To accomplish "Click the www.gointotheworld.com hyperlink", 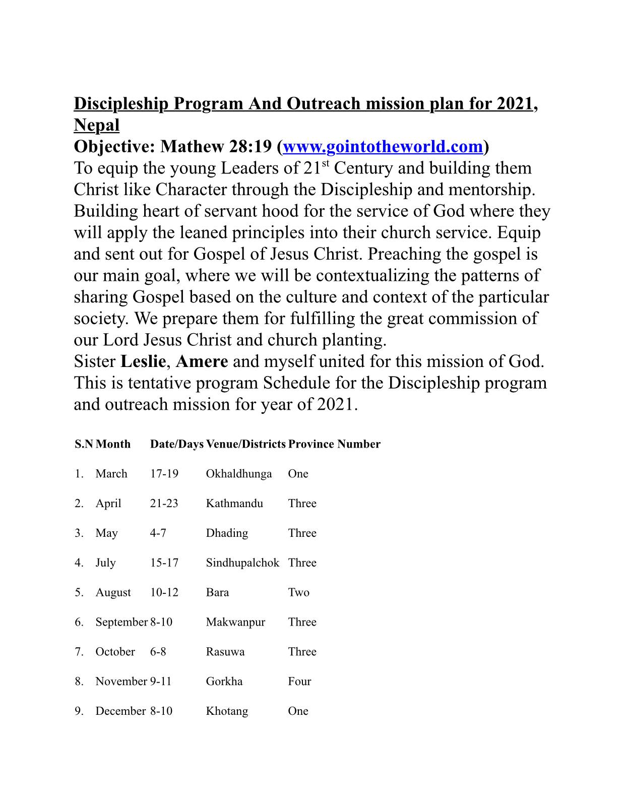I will tap(383, 147).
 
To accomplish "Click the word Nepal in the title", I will tap(96, 125).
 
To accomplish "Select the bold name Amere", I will tap(202, 361).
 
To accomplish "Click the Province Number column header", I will tap(334, 444).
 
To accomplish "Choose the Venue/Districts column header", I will tap(245, 444).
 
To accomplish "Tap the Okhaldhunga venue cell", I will tap(238, 474).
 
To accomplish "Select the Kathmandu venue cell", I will tap(234, 504).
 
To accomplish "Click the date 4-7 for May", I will tap(158, 533).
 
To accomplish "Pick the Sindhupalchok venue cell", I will tap(242, 563).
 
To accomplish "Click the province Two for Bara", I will tap(298, 593).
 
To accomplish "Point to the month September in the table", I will tap(121, 623).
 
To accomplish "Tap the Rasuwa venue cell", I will tap(225, 652).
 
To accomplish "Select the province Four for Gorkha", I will tap(299, 682).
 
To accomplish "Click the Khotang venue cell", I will tap(227, 712).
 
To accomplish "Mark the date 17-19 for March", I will tap(164, 474).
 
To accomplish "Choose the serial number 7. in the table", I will tap(79, 652).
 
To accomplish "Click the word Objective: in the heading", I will tap(114, 147).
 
